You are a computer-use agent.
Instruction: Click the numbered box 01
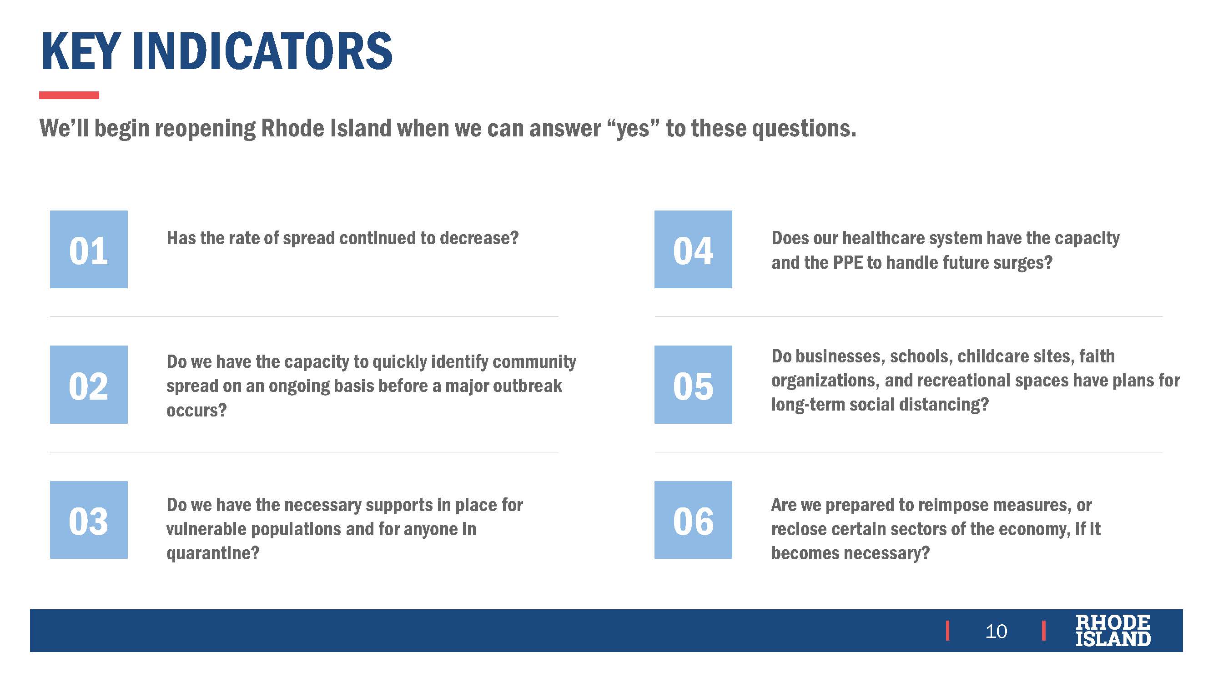click(89, 249)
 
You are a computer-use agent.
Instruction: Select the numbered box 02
click(89, 385)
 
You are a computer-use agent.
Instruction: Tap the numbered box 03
click(89, 520)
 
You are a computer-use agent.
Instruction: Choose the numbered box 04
click(693, 249)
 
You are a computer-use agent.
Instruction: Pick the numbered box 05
click(693, 385)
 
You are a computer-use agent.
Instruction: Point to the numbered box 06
click(693, 520)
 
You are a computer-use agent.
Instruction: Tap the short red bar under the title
click(69, 95)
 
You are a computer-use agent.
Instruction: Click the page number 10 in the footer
click(996, 631)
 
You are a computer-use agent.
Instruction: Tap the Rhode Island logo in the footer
click(1112, 630)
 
